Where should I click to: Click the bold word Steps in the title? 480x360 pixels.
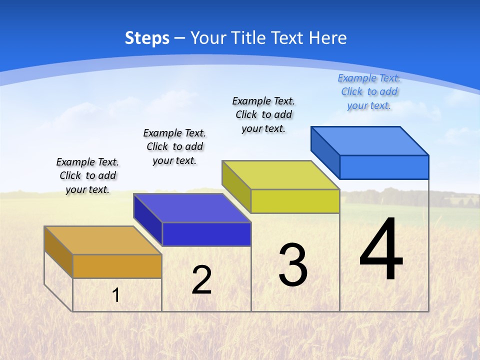click(147, 38)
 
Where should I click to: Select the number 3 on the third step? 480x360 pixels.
click(293, 265)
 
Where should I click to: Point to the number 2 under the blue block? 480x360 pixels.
click(201, 280)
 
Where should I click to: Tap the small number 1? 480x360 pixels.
click(115, 295)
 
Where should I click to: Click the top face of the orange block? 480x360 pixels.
click(102, 240)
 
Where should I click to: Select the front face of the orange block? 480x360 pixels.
click(117, 266)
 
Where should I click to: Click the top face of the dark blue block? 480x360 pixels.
click(192, 208)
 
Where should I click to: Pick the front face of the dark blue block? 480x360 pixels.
click(206, 234)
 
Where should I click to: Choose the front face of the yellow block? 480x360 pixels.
click(295, 201)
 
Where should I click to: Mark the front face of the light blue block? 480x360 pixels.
click(384, 167)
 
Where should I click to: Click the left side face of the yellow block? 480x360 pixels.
click(236, 186)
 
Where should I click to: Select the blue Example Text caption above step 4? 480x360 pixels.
click(369, 92)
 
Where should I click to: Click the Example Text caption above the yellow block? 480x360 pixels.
click(263, 114)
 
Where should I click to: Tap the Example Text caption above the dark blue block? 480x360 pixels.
click(174, 146)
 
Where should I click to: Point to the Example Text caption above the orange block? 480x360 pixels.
click(87, 175)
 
